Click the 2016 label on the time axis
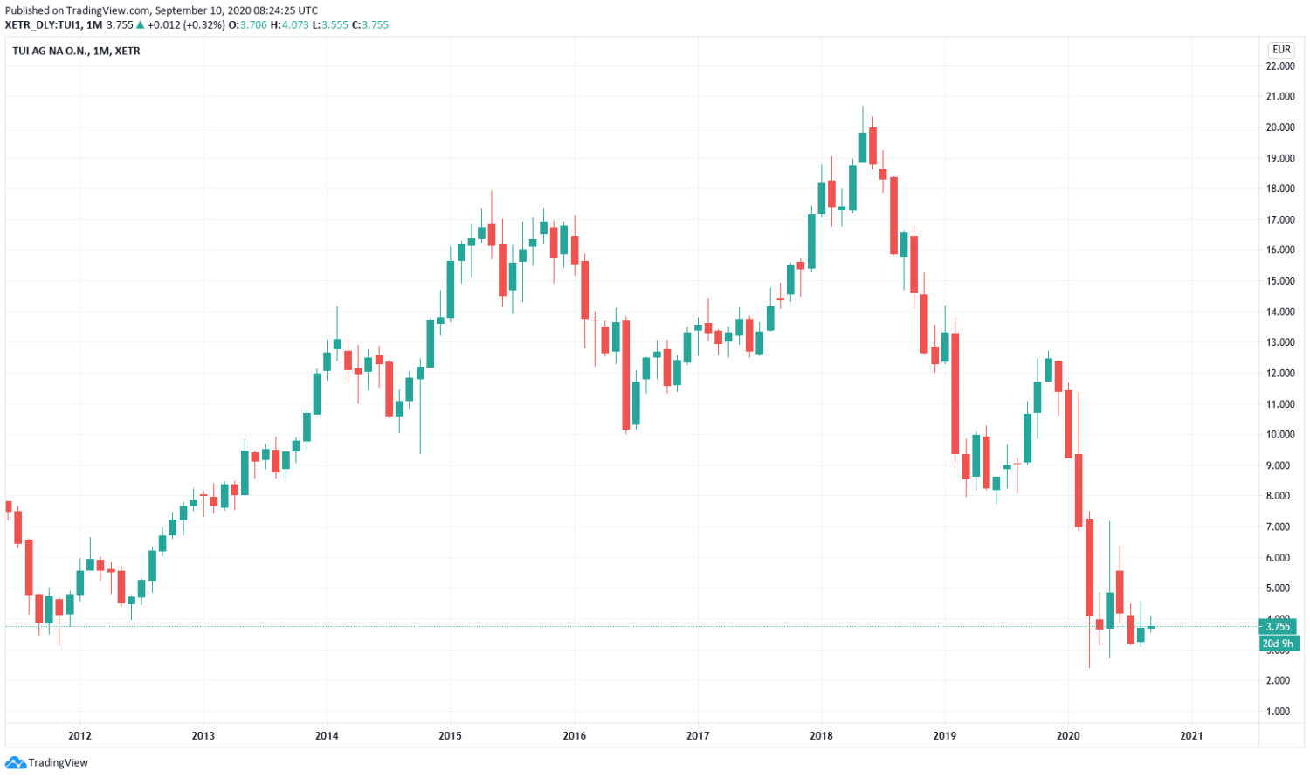coord(574,736)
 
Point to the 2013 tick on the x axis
coord(203,736)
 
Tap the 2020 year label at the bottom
coord(1068,736)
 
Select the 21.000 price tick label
coord(1280,97)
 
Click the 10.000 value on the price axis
coord(1280,435)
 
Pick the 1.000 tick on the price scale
coord(1280,712)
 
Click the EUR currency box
coord(1281,50)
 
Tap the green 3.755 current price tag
coord(1279,626)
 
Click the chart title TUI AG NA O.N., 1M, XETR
coord(76,51)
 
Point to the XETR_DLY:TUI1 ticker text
coord(45,25)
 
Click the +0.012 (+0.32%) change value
coord(185,25)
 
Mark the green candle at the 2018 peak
coord(862,147)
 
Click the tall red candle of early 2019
coord(955,393)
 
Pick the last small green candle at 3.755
coord(1151,627)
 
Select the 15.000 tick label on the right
coord(1280,281)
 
